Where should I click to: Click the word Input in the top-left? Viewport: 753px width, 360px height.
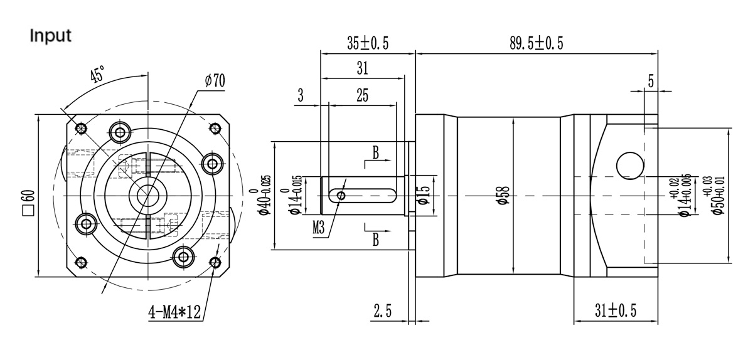pyautogui.click(x=51, y=36)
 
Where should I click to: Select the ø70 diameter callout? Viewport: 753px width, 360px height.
pyautogui.click(x=215, y=80)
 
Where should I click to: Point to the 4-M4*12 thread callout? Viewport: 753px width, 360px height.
pyautogui.click(x=174, y=312)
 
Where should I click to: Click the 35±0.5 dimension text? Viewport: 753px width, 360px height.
pyautogui.click(x=368, y=43)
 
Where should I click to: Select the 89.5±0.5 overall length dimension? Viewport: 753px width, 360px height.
pyautogui.click(x=537, y=43)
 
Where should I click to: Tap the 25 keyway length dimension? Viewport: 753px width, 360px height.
pyautogui.click(x=362, y=95)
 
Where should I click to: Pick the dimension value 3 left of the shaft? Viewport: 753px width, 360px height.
pyautogui.click(x=301, y=95)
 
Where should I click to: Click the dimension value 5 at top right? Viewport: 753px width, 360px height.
pyautogui.click(x=650, y=80)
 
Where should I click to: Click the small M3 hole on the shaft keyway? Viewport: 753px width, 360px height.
pyautogui.click(x=341, y=196)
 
